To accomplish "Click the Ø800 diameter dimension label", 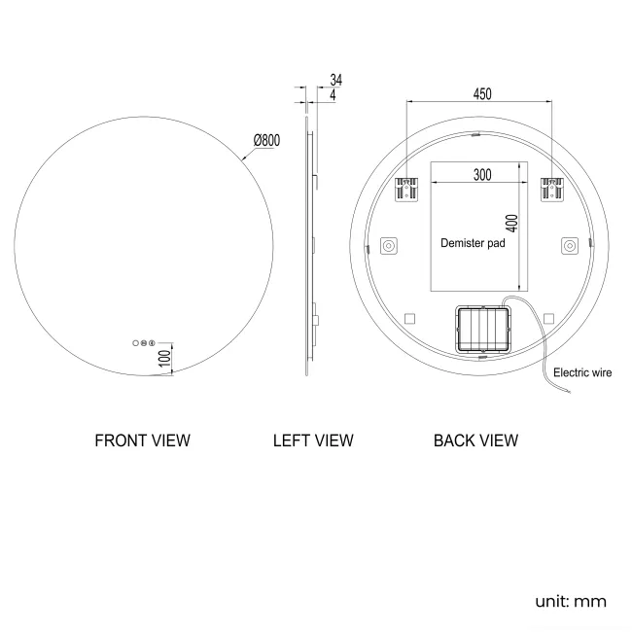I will pos(265,140).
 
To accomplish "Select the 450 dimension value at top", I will pos(481,93).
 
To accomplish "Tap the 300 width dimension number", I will pos(481,174).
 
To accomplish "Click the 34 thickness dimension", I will pos(335,79).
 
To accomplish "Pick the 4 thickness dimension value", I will pos(333,95).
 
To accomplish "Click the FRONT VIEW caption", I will pos(142,440).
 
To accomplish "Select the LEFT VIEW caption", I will pos(313,440).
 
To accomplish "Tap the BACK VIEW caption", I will pos(475,440).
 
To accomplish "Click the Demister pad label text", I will pos(473,243).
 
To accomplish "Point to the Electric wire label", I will pos(582,372).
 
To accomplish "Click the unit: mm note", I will pos(571,601).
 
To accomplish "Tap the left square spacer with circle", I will pos(388,246).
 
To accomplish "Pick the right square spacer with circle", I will pos(568,246).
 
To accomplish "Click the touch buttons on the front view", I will pos(143,342).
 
